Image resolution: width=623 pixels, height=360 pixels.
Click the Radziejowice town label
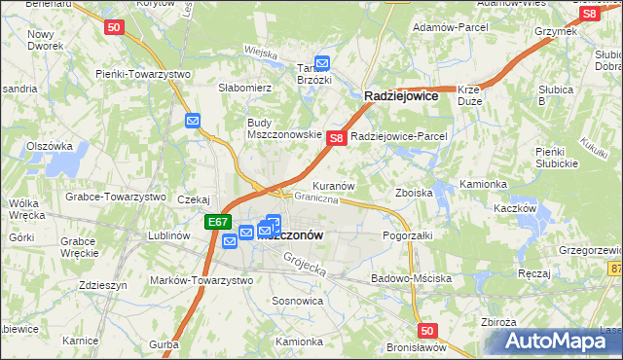pyautogui.click(x=401, y=97)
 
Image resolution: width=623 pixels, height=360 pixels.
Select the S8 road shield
pyautogui.click(x=336, y=139)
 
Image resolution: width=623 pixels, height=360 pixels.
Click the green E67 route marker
pyautogui.click(x=218, y=223)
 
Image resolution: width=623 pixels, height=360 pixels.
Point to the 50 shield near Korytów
pyautogui.click(x=114, y=28)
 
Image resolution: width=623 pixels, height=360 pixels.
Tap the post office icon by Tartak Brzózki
pyautogui.click(x=322, y=65)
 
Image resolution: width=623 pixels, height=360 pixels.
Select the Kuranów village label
pyautogui.click(x=333, y=185)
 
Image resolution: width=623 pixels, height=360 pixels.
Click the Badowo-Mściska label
pyautogui.click(x=412, y=278)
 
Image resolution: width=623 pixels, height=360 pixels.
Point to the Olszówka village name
pyautogui.click(x=50, y=146)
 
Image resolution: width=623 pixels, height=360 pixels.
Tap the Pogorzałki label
pyautogui.click(x=407, y=235)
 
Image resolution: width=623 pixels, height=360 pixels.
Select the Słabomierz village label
pyautogui.click(x=244, y=88)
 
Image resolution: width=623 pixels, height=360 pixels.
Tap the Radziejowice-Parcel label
pyautogui.click(x=398, y=136)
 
